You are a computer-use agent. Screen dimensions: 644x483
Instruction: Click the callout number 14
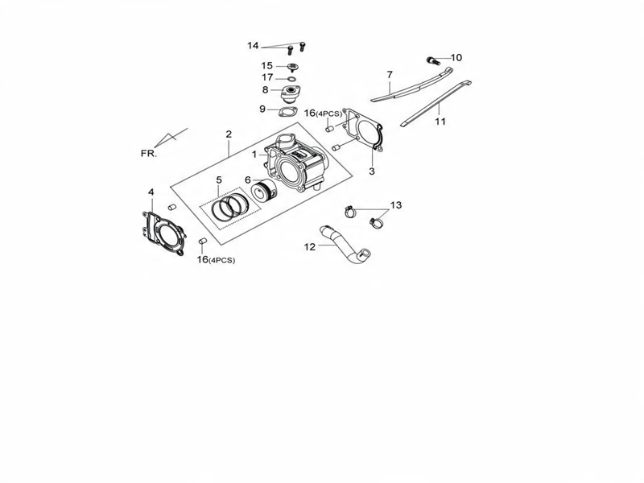click(x=253, y=46)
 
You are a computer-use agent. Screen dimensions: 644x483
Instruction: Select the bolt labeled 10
click(x=433, y=61)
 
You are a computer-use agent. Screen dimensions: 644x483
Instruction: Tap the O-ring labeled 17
click(x=291, y=79)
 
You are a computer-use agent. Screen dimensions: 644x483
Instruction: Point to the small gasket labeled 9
click(x=287, y=111)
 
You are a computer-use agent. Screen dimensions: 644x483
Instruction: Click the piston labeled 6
click(x=265, y=192)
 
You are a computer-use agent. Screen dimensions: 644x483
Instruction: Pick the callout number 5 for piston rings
click(x=219, y=180)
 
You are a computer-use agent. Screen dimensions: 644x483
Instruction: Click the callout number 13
click(x=396, y=204)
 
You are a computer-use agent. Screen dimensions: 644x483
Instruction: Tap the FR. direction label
click(x=149, y=154)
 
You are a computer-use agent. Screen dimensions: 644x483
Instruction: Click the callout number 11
click(x=440, y=122)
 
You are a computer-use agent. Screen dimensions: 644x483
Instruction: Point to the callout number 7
click(x=390, y=75)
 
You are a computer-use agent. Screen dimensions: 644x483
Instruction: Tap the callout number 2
click(x=229, y=134)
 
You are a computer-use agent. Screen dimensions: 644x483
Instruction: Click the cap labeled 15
click(x=292, y=67)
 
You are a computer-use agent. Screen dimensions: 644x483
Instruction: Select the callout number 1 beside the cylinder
click(x=254, y=154)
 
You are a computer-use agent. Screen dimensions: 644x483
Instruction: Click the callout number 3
click(x=372, y=171)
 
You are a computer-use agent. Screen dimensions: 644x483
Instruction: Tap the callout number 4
click(x=151, y=192)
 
